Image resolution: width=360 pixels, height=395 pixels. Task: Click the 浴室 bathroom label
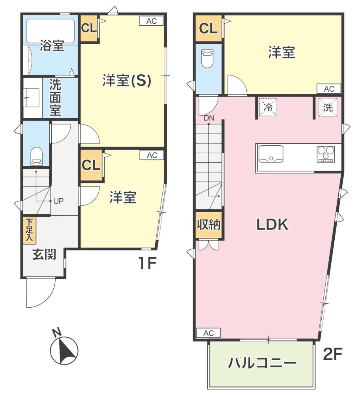tap(52, 46)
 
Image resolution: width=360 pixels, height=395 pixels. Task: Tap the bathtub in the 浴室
tap(51, 31)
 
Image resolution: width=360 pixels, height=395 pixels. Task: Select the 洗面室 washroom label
tap(55, 98)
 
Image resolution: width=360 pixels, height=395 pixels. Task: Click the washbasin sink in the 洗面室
tap(32, 98)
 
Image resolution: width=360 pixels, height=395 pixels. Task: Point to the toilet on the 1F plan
tap(36, 156)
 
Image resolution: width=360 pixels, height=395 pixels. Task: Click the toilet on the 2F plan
tap(208, 58)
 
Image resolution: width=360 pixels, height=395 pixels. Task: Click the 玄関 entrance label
tap(44, 255)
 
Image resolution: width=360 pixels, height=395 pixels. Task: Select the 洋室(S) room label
tap(127, 81)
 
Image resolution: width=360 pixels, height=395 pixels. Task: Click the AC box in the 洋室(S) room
tap(151, 21)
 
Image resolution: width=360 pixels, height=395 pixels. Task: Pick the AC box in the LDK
tap(208, 333)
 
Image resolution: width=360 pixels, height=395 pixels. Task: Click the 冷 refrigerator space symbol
tap(268, 107)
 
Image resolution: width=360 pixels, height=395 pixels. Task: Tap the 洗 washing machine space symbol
tap(328, 107)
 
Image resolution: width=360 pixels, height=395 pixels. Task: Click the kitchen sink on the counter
tap(271, 154)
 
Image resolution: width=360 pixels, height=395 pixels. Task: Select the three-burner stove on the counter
tap(326, 154)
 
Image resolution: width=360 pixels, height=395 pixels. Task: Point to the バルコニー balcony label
tap(262, 363)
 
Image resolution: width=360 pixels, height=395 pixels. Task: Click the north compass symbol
tap(64, 349)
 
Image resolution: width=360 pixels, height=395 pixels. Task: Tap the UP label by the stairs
tap(58, 201)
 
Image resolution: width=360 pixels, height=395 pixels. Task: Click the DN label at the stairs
tap(209, 118)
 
